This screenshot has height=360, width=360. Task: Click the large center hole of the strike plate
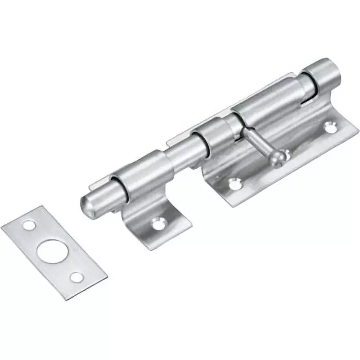tap(50, 251)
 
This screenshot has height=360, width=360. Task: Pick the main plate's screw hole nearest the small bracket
tap(233, 183)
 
